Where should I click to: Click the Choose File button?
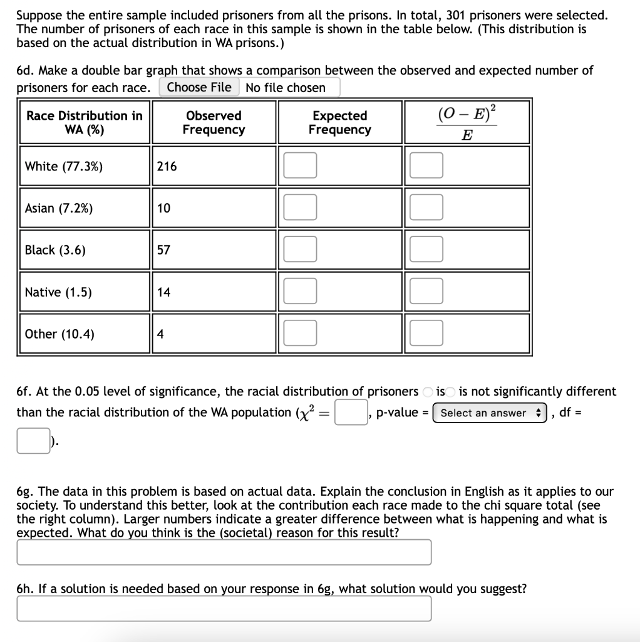(199, 88)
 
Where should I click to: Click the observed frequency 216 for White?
(167, 166)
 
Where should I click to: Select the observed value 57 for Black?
(163, 250)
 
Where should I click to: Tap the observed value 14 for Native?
(163, 292)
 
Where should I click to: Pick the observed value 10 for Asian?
(163, 208)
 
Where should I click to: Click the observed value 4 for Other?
(160, 334)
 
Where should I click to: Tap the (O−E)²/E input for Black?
(426, 250)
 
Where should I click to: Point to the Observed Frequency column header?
(214, 122)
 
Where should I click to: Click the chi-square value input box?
(351, 413)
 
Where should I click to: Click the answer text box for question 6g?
(224, 552)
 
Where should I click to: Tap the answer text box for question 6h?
(224, 608)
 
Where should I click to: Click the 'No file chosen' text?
(286, 88)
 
